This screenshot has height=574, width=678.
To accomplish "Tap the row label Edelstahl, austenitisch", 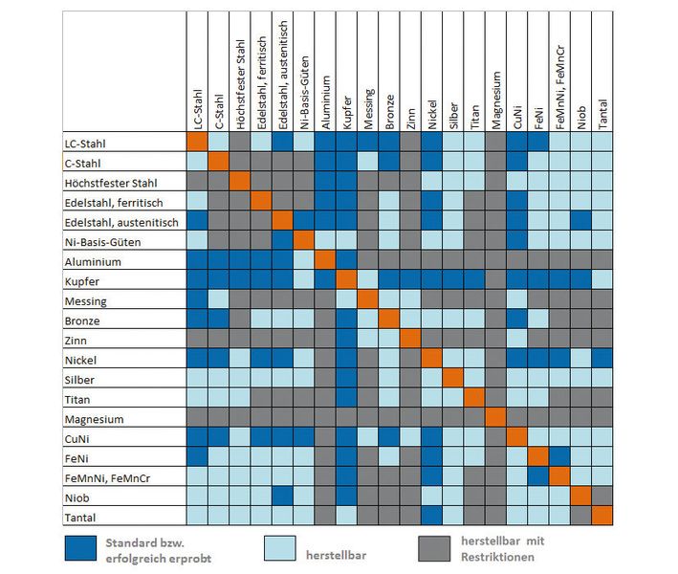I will point(122,222).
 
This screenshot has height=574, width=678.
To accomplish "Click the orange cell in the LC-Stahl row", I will point(197,142).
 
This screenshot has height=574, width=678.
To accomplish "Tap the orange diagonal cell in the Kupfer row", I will point(347,280).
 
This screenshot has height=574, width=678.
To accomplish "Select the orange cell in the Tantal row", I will point(601,517).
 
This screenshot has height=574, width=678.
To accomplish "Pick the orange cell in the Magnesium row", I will point(495,418).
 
